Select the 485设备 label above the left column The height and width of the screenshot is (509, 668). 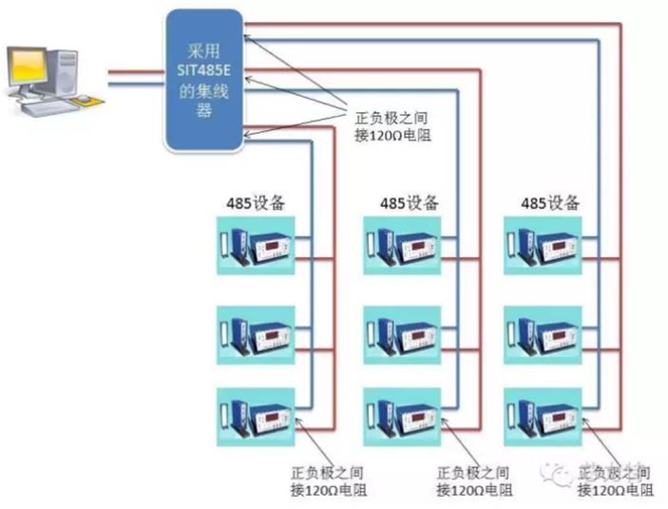point(256,202)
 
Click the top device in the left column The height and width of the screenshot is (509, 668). point(256,246)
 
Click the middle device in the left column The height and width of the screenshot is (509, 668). point(256,333)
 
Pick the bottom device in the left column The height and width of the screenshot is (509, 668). point(256,415)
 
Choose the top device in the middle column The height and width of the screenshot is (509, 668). point(402,246)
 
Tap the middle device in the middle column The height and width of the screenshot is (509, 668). point(402,333)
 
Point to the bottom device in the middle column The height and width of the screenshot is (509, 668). point(402,415)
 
